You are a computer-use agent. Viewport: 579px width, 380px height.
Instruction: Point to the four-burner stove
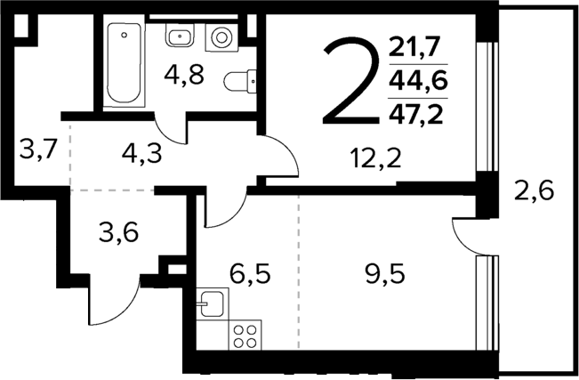[245, 336]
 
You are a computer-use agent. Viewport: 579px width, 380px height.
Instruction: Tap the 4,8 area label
[184, 74]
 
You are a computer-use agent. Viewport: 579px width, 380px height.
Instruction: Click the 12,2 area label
[374, 160]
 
